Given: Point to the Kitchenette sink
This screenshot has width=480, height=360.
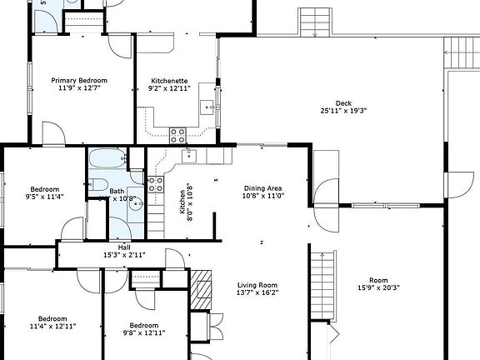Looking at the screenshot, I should pos(209,107).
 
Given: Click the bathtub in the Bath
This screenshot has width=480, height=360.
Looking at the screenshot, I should pos(106,158).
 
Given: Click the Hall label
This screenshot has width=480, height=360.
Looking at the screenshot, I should pos(123,247).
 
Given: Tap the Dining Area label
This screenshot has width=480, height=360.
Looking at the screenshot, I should pos(262,188).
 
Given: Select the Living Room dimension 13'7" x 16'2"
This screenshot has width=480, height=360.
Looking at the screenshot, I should pos(257,292).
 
